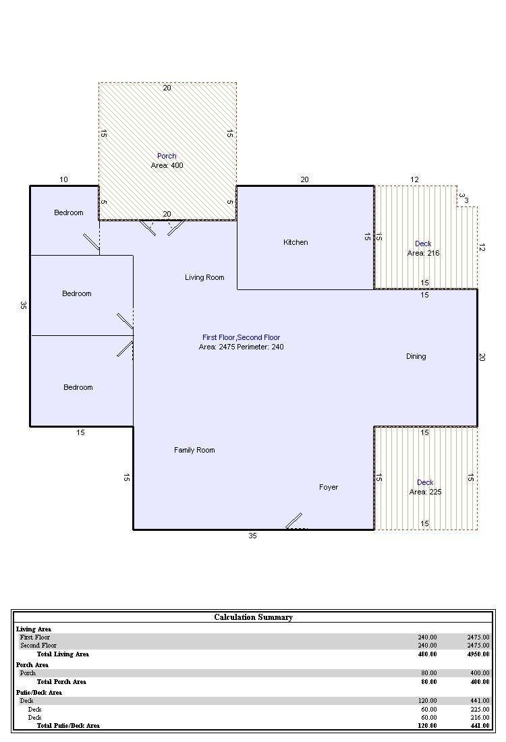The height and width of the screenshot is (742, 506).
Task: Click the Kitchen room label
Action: [x=296, y=242]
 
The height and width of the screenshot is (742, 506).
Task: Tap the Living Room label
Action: [x=204, y=277]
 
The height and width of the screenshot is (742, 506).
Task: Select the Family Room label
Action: [x=194, y=450]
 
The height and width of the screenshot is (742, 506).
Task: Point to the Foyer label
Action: [x=329, y=488]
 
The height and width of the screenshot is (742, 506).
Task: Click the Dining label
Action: [x=416, y=356]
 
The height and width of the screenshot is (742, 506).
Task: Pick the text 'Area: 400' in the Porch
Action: [x=167, y=165]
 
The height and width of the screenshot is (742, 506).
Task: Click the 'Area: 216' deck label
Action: [x=424, y=253]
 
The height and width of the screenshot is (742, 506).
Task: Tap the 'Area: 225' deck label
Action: [x=426, y=492]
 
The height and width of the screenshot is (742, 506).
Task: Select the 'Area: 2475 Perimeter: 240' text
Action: [x=242, y=347]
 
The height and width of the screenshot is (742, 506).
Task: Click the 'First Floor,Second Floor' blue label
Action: [x=242, y=337]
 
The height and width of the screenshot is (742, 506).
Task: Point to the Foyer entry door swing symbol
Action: [x=294, y=521]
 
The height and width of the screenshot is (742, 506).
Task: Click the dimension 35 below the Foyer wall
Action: [x=253, y=536]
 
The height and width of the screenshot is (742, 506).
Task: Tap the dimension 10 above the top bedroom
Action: [x=64, y=179]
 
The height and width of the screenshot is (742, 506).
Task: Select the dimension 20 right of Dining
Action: [x=482, y=358]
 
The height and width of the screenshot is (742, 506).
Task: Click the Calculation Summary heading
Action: [x=253, y=617]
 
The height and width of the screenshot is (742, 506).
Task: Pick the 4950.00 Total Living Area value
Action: [x=478, y=654]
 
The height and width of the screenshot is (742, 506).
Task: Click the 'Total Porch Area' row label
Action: [x=61, y=682]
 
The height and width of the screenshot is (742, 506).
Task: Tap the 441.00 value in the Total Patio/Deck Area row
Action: [x=480, y=725]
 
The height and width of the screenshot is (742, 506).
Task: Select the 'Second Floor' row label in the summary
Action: [x=38, y=646]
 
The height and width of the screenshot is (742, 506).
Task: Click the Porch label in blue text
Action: [x=167, y=156]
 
